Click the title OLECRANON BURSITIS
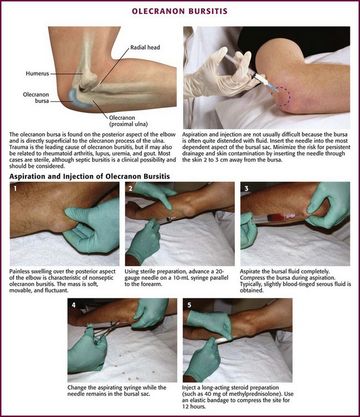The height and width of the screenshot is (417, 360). tap(180, 11)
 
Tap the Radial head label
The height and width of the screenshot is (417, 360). tap(145, 47)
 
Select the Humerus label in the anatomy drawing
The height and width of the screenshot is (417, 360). tap(37, 73)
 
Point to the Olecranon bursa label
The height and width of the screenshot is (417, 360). tap(36, 98)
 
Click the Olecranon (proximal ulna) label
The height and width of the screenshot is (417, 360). tap(128, 121)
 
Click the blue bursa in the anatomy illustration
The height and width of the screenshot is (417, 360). tap(77, 99)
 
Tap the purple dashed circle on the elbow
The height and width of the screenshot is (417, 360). tap(280, 96)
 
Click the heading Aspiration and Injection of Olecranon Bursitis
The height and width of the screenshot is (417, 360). tap(90, 176)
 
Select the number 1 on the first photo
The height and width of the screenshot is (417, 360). tap(15, 188)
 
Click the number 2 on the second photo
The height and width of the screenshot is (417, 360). tap(130, 188)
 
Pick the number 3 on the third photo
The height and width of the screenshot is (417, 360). tap(246, 188)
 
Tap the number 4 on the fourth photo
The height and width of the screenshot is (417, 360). tap(73, 305)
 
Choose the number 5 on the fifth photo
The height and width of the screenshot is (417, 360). tap(189, 305)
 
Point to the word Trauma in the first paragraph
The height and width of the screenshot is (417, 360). tap(18, 147)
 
